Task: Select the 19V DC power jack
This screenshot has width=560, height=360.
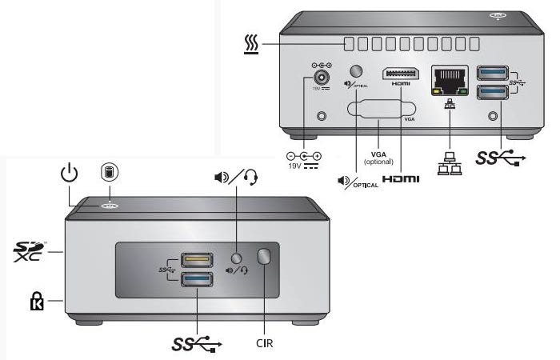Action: [322, 78]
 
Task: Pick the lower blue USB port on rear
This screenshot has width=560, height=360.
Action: [493, 93]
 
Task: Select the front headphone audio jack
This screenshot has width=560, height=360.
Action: [235, 258]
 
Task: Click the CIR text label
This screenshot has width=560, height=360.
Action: [268, 346]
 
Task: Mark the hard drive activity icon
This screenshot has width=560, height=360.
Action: [107, 172]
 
